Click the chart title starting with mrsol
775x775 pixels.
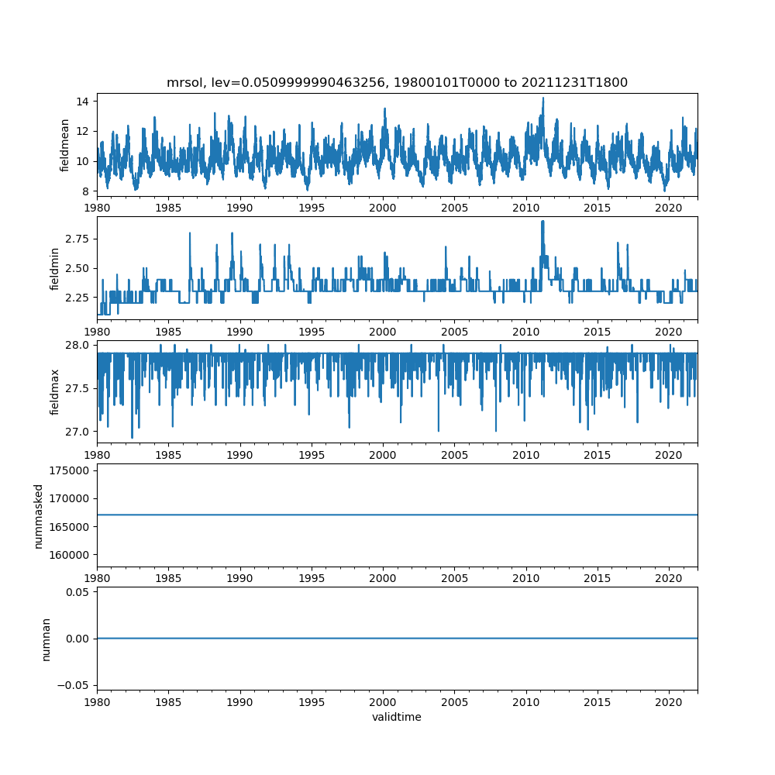click(x=397, y=82)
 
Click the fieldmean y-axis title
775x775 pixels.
click(x=65, y=145)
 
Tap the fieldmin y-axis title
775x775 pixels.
click(x=54, y=268)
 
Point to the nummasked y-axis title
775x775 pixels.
click(x=38, y=515)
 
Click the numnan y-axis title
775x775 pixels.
click(x=46, y=639)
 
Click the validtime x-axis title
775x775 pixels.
click(x=397, y=717)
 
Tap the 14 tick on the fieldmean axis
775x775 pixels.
click(x=81, y=102)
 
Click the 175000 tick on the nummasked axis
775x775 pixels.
click(x=71, y=470)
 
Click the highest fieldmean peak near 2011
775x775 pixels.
click(x=543, y=98)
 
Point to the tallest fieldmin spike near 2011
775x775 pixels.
click(x=542, y=222)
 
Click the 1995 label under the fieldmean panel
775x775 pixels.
click(x=312, y=208)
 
